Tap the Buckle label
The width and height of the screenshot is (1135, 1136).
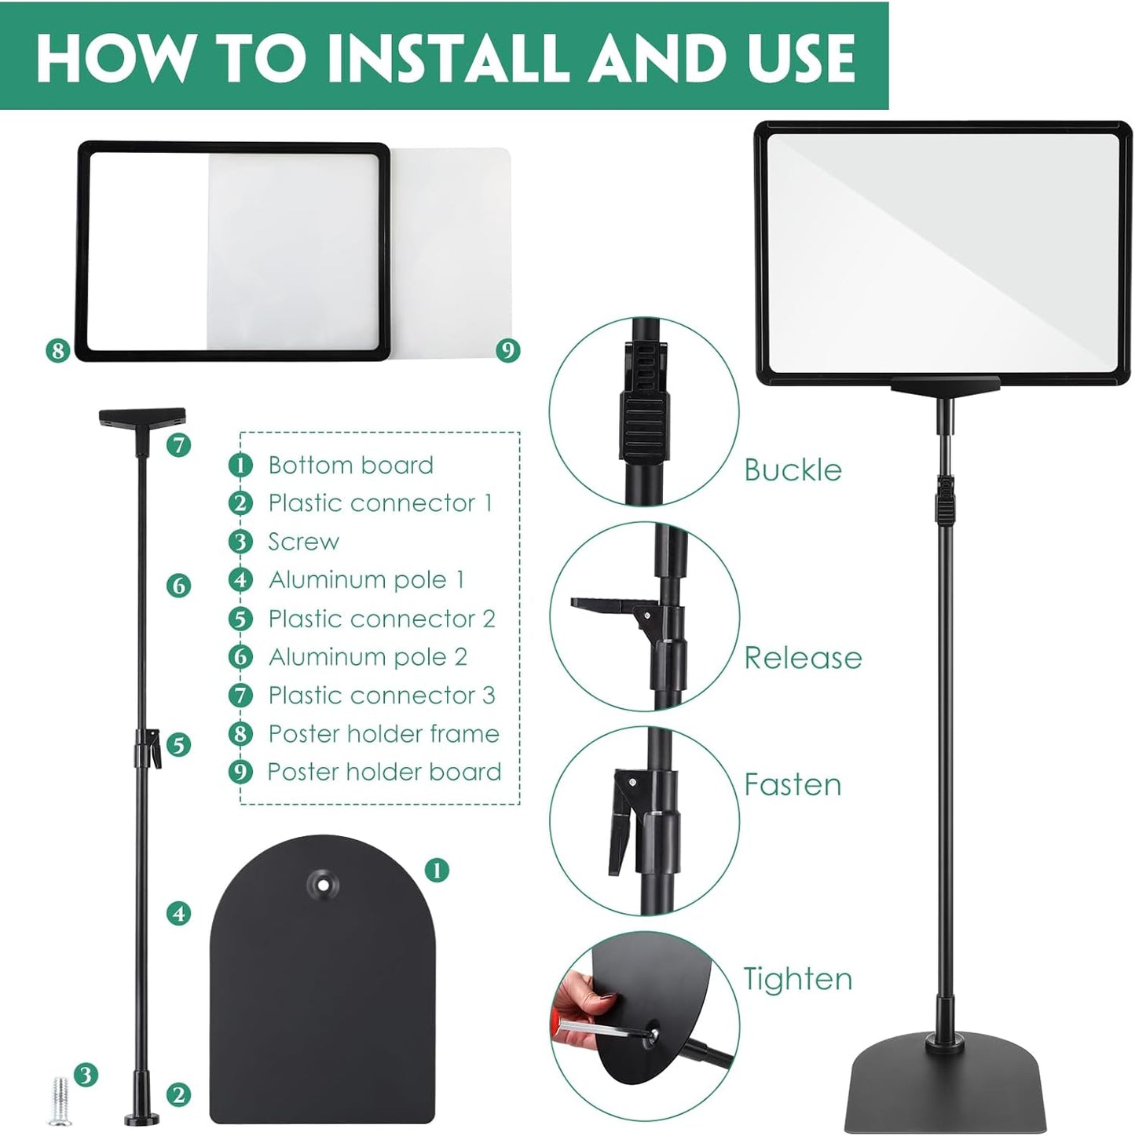tap(793, 469)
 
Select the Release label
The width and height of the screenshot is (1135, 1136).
tap(803, 657)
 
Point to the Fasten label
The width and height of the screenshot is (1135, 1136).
tap(793, 784)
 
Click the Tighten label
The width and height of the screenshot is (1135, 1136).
tap(798, 979)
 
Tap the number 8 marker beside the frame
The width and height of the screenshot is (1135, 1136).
tap(57, 350)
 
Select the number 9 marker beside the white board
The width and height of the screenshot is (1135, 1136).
tap(508, 350)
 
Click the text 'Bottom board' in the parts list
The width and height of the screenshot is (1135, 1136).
tap(350, 465)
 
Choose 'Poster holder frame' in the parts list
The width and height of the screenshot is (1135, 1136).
tap(383, 733)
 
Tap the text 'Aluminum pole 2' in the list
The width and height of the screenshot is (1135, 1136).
tap(368, 656)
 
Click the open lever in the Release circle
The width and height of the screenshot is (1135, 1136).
tap(605, 607)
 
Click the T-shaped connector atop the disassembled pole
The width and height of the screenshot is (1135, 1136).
tap(142, 418)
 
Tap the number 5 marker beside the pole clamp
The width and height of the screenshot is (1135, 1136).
tap(178, 744)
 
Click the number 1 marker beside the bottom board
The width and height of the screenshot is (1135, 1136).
tap(437, 870)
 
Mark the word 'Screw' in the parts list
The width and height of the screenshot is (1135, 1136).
tap(303, 542)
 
